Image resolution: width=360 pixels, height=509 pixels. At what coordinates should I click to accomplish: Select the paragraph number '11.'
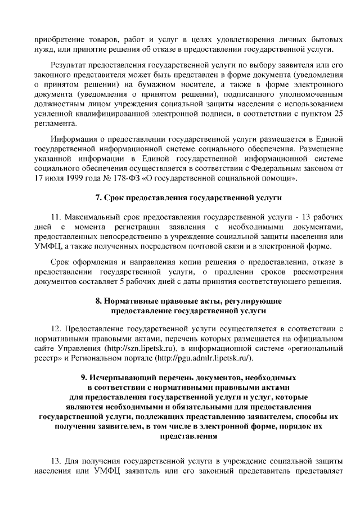pos(56,217)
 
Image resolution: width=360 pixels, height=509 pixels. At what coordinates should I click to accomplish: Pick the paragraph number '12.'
pos(56,328)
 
